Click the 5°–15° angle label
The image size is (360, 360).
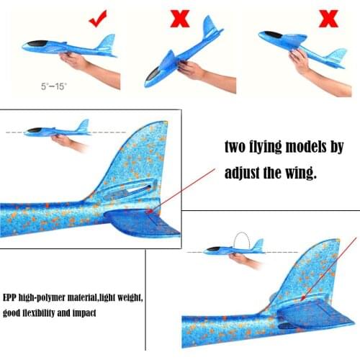53,86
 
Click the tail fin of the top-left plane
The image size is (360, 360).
107,42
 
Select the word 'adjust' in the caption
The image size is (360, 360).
243,174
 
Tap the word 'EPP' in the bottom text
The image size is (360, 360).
12,298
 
